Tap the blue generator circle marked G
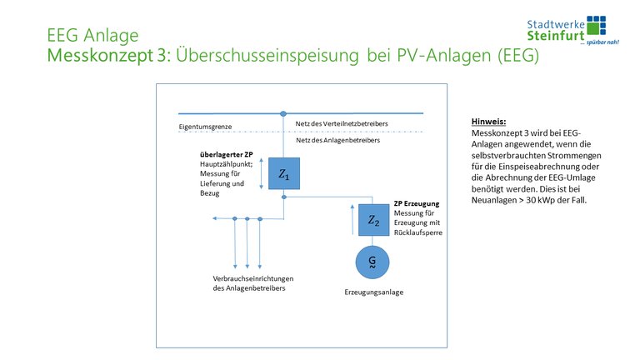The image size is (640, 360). click(372, 262)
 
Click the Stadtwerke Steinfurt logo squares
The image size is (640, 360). click(596, 24)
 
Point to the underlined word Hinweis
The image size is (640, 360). click(488, 120)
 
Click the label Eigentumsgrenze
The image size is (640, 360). click(205, 127)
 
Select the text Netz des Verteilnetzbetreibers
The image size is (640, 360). click(342, 123)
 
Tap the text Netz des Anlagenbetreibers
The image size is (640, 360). click(338, 140)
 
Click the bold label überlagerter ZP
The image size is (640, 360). click(226, 155)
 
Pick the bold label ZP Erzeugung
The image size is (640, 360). click(417, 203)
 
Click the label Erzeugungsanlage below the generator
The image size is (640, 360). click(372, 292)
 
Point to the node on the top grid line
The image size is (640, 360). click(283, 112)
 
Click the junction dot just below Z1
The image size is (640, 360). click(283, 197)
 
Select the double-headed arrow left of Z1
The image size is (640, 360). click(262, 174)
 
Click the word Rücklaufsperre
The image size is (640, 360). click(417, 233)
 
